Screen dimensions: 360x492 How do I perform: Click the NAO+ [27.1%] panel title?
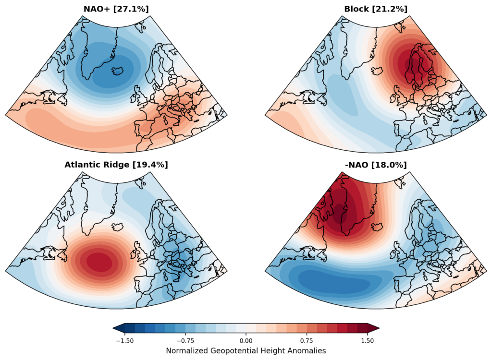(116, 9)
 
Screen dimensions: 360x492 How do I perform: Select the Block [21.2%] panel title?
(376, 9)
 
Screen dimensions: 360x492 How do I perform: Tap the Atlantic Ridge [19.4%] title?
(116, 165)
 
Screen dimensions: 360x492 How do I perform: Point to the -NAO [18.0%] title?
(376, 165)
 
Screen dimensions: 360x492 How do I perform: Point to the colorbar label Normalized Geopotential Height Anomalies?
(246, 351)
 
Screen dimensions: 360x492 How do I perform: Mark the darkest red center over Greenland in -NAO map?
(342, 211)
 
